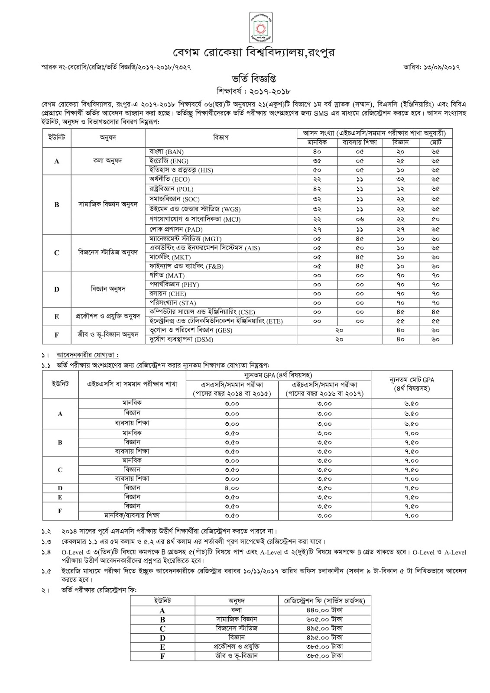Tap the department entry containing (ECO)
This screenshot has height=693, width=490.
pyautogui.click(x=169, y=179)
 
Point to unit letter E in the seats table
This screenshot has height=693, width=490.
pyautogui.click(x=57, y=317)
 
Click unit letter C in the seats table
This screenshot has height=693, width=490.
pyautogui.click(x=57, y=253)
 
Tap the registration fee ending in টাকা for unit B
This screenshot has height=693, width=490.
pyautogui.click(x=324, y=619)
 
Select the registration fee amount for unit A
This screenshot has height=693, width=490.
pyautogui.click(x=324, y=610)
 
